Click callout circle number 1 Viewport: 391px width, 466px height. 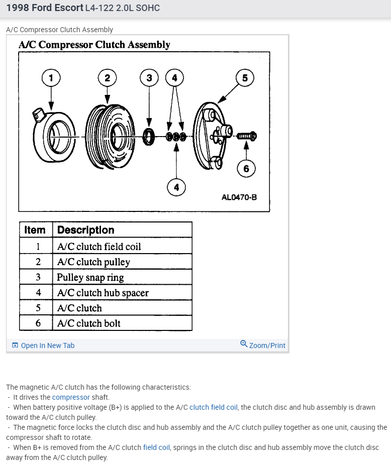click(x=50, y=78)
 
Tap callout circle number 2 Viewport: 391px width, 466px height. click(x=107, y=78)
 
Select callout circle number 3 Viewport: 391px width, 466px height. click(x=149, y=78)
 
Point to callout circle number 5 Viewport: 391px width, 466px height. click(x=245, y=78)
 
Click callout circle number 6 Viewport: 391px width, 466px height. click(x=246, y=168)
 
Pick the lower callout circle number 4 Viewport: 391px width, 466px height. click(x=176, y=187)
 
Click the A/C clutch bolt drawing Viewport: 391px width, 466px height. click(x=246, y=136)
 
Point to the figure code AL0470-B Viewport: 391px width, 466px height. click(x=239, y=197)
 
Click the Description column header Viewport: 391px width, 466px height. click(x=86, y=230)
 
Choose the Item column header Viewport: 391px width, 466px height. click(x=35, y=230)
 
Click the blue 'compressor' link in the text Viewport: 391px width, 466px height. click(x=71, y=397)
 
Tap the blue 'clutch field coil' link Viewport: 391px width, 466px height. click(x=213, y=407)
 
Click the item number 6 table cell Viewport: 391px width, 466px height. click(x=38, y=323)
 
